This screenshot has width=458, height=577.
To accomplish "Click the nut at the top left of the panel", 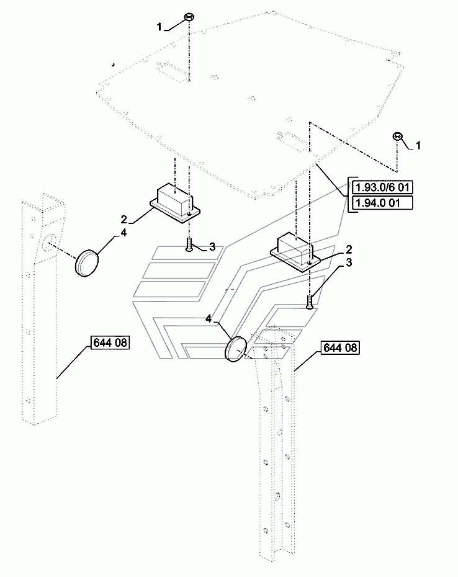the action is [189, 17].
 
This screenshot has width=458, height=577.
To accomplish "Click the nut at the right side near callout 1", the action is [397, 136].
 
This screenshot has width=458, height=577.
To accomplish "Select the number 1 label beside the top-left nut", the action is [159, 27].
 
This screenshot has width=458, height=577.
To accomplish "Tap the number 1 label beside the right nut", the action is [418, 146].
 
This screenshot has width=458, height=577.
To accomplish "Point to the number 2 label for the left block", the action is [123, 220].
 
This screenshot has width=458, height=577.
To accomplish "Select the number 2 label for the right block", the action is [349, 250].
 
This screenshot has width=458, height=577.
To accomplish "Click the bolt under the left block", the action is [189, 244].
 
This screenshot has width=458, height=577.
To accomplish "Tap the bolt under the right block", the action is [309, 302].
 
